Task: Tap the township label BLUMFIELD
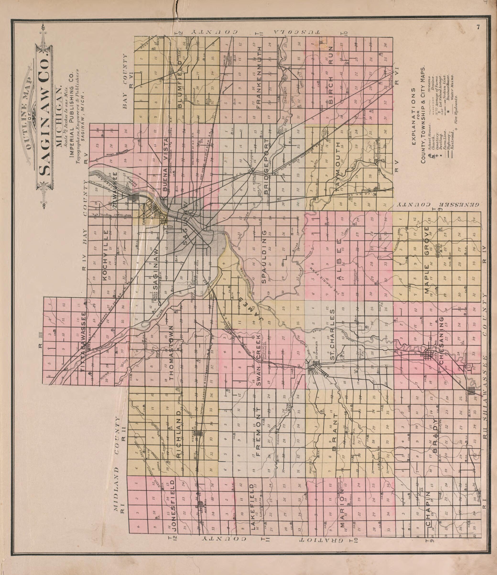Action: tap(181, 84)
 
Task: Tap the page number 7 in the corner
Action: tap(478, 27)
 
